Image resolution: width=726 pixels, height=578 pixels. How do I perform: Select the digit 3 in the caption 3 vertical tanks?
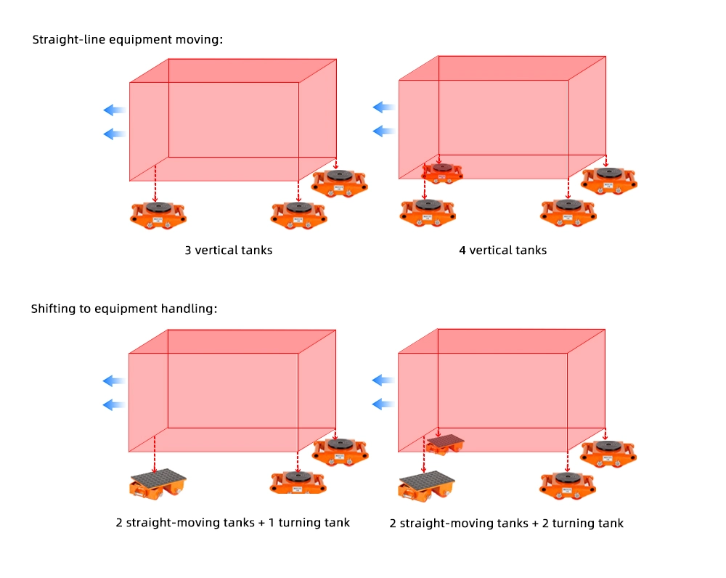(188, 251)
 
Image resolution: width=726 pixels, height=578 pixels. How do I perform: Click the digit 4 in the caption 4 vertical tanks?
(462, 251)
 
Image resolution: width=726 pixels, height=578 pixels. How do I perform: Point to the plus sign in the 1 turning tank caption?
(261, 524)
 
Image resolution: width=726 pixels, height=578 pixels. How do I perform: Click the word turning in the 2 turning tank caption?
(572, 524)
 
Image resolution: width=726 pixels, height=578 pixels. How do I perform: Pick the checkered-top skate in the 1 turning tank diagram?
(158, 483)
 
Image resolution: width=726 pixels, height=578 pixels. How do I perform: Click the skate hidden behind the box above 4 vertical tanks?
(442, 172)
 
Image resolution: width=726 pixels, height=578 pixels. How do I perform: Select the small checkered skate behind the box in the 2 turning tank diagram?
(445, 444)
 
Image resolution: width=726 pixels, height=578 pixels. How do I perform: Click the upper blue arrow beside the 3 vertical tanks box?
(115, 110)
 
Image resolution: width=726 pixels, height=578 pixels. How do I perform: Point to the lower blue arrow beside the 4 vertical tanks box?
(384, 131)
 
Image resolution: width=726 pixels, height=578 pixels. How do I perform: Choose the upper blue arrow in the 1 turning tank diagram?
(114, 381)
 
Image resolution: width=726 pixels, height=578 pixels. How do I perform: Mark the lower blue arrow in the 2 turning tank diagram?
(383, 404)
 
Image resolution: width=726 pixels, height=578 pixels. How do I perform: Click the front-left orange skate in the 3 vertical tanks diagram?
(158, 215)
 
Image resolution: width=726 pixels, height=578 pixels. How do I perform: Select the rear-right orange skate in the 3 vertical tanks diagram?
(340, 184)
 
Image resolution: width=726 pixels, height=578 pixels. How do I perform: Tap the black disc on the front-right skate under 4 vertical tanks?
(568, 205)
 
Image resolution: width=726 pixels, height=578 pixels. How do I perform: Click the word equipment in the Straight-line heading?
(141, 40)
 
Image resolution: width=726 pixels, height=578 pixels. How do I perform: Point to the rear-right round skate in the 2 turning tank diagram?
(608, 454)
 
